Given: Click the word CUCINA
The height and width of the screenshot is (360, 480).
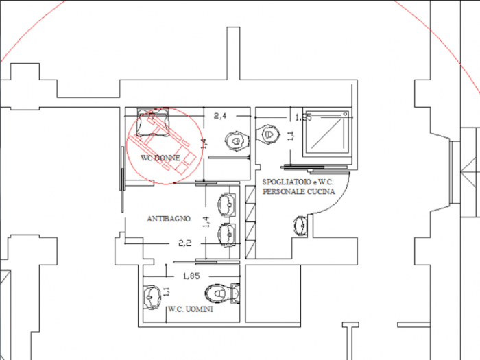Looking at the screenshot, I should [x=320, y=193].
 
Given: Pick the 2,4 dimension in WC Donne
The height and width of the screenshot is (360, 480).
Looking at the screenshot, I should [x=220, y=116].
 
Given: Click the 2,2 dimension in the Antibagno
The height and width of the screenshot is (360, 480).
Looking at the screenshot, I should [x=184, y=243].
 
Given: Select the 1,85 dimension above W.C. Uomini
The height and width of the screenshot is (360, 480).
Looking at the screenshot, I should [x=191, y=276].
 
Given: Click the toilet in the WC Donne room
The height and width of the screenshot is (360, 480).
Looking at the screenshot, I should [x=235, y=140].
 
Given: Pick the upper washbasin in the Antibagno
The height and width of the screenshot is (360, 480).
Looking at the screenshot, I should [x=227, y=204].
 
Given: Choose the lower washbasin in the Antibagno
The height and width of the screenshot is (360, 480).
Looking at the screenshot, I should [x=227, y=234].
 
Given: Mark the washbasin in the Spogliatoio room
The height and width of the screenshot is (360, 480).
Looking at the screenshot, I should [x=300, y=225].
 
